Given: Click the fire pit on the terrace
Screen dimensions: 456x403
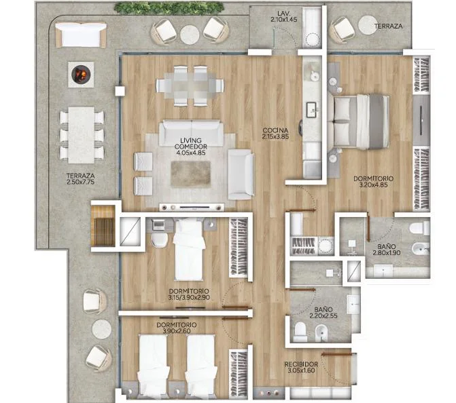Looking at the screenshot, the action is [81, 75].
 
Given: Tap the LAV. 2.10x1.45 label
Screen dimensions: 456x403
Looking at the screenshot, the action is [284, 16].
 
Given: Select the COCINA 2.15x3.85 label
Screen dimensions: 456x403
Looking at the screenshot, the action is [275, 134].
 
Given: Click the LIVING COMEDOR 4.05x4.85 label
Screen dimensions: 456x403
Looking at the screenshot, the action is [191, 147].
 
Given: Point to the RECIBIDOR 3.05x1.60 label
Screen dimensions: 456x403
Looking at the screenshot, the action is [301, 367].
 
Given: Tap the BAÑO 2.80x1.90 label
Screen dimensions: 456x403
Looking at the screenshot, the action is [387, 250].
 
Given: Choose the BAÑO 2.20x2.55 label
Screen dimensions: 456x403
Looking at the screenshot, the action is [323, 313].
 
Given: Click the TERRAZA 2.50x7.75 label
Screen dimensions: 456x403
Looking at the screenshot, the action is [81, 179].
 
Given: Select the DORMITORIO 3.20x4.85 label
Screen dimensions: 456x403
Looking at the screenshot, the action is [373, 181].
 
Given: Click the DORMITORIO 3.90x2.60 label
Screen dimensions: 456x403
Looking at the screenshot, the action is [177, 328].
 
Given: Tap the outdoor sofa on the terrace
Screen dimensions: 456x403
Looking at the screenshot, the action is [81, 35].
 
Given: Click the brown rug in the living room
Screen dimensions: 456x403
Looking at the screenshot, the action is [190, 174].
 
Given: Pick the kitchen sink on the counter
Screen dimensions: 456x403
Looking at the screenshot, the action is [312, 109].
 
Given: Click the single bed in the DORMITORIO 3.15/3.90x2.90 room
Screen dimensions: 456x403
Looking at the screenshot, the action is [189, 250].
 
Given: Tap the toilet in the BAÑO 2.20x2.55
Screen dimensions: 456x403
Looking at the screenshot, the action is [300, 332].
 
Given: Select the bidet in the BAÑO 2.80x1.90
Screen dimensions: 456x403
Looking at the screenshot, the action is [421, 249].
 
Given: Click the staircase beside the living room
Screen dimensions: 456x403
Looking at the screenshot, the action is [103, 226].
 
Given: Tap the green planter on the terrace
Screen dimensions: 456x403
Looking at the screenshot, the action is [169, 8].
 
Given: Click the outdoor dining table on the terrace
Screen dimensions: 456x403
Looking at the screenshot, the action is [81, 135].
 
